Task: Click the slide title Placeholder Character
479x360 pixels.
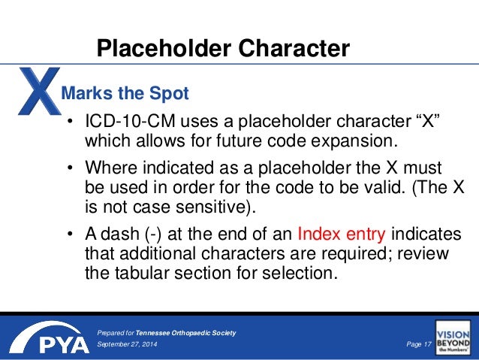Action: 223,49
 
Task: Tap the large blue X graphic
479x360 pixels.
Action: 34,94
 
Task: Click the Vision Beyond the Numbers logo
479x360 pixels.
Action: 453,338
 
